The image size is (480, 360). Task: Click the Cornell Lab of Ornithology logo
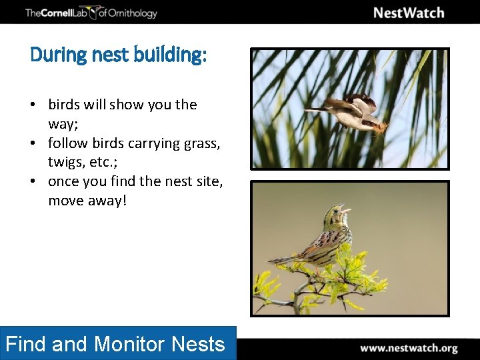91,13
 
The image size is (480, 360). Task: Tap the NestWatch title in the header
408,13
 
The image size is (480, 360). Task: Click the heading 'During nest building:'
119,55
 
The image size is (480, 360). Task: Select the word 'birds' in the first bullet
64,105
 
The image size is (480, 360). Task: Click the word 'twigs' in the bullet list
65,162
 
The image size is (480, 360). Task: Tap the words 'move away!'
87,200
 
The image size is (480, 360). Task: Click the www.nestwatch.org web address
409,348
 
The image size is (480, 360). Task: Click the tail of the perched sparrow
280,259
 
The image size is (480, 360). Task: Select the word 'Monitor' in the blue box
130,344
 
